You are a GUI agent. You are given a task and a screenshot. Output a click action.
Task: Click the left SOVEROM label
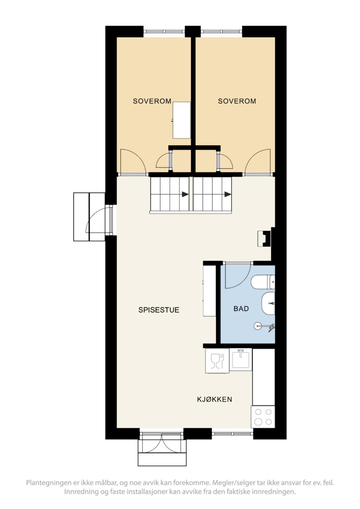[152, 101]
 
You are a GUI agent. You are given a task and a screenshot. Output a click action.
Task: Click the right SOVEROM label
[237, 101]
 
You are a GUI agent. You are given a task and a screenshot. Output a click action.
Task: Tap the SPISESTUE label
[159, 310]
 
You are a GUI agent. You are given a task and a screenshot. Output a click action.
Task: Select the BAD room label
[241, 309]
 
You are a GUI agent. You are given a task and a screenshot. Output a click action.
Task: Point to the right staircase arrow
[228, 194]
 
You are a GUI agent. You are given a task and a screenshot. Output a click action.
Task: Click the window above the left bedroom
[164, 32]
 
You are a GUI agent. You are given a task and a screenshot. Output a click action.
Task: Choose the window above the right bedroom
[221, 32]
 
